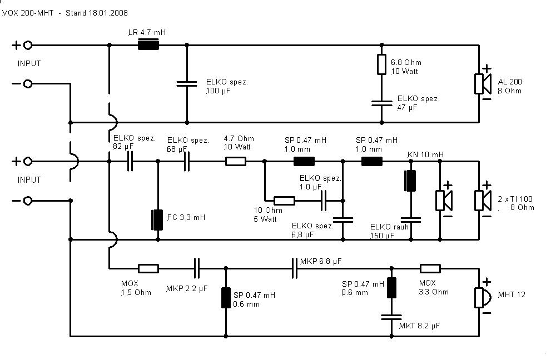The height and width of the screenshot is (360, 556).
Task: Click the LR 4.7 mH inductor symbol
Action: pos(148,46)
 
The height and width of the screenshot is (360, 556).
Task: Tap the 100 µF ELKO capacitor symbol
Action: pos(187,84)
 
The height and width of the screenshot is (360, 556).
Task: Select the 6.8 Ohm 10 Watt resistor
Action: pos(381,64)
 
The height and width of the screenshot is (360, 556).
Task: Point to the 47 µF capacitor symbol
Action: pos(381,102)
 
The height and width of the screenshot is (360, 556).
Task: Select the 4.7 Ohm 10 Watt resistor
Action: pos(236,162)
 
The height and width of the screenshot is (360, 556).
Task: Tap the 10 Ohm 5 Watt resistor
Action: pos(285,201)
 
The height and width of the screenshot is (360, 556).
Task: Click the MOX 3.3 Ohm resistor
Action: pos(430,268)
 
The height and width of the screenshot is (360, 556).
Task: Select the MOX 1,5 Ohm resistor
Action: pos(148,268)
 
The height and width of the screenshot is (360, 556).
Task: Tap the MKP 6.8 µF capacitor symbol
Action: pos(295,268)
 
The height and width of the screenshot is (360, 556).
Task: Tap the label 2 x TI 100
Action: pos(516,199)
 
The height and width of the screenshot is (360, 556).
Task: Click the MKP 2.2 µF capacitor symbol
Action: pos(197,268)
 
